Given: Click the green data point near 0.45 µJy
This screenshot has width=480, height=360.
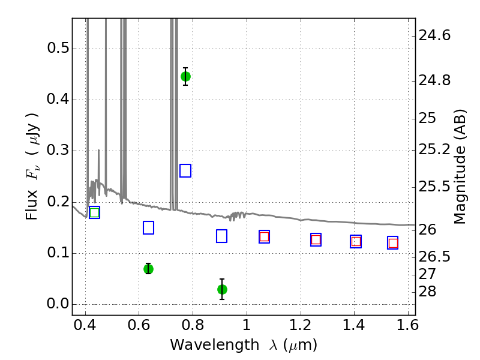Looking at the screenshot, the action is (185, 77).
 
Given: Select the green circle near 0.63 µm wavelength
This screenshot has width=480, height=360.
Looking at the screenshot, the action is (148, 269).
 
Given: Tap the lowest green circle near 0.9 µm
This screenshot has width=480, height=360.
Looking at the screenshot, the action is (222, 289).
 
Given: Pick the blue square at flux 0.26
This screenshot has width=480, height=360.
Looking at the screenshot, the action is (185, 170).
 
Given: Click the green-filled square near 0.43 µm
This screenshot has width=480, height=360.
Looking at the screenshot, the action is (95, 212).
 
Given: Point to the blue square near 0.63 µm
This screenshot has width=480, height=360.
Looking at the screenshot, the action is (148, 228).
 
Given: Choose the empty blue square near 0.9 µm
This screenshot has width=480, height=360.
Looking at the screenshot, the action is (221, 236).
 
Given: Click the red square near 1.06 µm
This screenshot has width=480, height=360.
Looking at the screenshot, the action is (264, 236).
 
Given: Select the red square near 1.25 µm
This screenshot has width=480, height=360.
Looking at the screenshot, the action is (316, 239).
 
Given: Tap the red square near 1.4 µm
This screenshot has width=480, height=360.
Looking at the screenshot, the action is (356, 242).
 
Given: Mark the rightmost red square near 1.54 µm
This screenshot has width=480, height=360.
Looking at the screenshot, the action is (393, 244).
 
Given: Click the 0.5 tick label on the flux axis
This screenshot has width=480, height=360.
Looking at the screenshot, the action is (58, 49).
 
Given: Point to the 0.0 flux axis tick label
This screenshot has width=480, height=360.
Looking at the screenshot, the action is (58, 304).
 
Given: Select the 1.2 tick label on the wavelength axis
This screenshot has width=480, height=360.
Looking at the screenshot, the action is (301, 325).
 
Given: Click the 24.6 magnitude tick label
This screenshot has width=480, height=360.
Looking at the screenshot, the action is (434, 36).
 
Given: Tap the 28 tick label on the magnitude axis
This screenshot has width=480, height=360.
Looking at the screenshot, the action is (427, 292).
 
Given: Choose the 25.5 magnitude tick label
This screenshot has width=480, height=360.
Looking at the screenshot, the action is (434, 187).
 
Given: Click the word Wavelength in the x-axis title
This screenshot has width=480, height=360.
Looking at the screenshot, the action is (215, 345).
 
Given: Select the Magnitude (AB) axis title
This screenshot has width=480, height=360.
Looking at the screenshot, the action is (460, 167).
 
